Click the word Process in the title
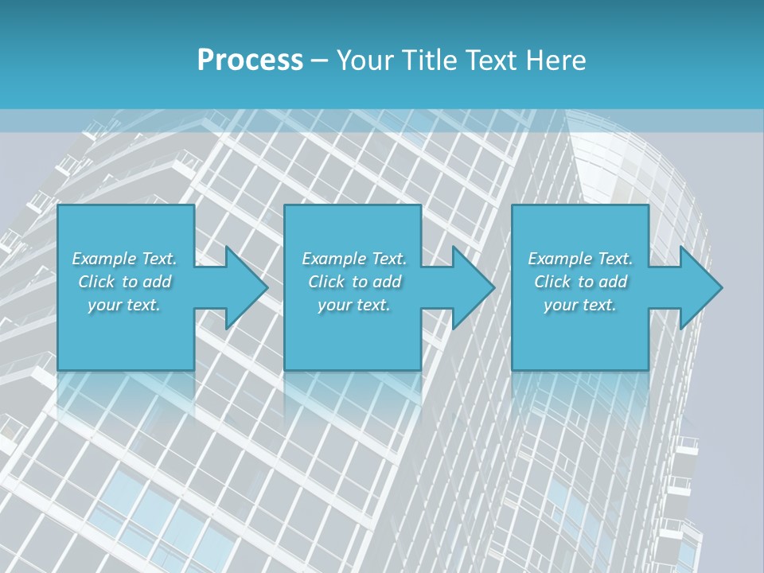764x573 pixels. pyautogui.click(x=250, y=60)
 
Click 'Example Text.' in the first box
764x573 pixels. pyautogui.click(x=124, y=259)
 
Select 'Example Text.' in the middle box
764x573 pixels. pyautogui.click(x=354, y=259)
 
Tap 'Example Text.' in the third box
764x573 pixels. pyautogui.click(x=580, y=259)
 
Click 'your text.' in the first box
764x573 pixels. pyautogui.click(x=124, y=305)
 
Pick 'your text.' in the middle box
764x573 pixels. pyautogui.click(x=354, y=305)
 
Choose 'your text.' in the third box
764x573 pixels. pyautogui.click(x=580, y=305)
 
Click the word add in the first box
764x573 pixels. pyautogui.click(x=158, y=282)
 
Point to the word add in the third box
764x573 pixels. pyautogui.click(x=614, y=282)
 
